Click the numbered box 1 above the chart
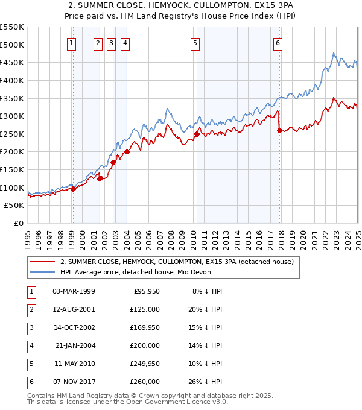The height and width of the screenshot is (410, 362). [72, 42]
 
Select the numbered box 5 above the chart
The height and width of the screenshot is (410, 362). [195, 42]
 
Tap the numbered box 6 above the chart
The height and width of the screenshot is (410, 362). [278, 42]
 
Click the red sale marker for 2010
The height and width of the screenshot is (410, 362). [197, 134]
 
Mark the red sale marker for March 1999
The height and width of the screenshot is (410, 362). [73, 189]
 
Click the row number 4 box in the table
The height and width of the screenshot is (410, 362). [30, 345]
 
